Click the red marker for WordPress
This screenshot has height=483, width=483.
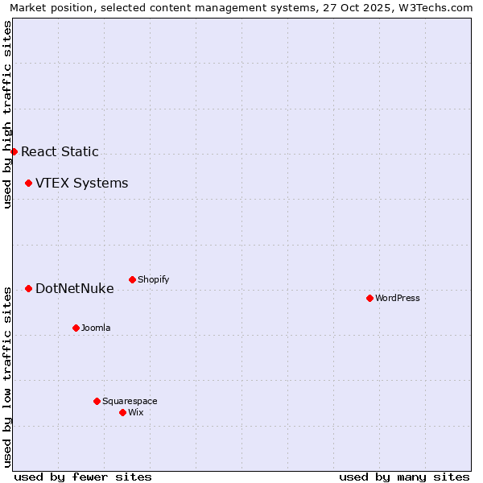369,298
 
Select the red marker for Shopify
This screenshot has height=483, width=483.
132,279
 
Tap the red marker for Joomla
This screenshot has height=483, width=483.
76,328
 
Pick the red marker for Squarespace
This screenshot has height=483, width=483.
97,401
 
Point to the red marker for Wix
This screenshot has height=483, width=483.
122,412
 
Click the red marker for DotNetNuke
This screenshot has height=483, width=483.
28,288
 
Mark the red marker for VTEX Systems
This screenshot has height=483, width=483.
28,183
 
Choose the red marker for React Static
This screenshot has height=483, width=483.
14,151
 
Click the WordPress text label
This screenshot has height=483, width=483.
398,298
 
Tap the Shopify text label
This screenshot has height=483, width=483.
154,279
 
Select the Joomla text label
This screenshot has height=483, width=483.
96,328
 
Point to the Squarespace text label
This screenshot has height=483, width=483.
130,401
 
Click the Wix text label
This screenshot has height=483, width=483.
136,412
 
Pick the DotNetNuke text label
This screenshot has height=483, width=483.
74,288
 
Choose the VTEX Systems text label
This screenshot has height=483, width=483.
81,183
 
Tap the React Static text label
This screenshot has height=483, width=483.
60,151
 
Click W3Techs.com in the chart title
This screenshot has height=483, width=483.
439,7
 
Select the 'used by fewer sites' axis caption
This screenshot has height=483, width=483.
83,477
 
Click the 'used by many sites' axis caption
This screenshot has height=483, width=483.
404,477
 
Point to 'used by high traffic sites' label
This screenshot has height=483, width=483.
7,114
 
